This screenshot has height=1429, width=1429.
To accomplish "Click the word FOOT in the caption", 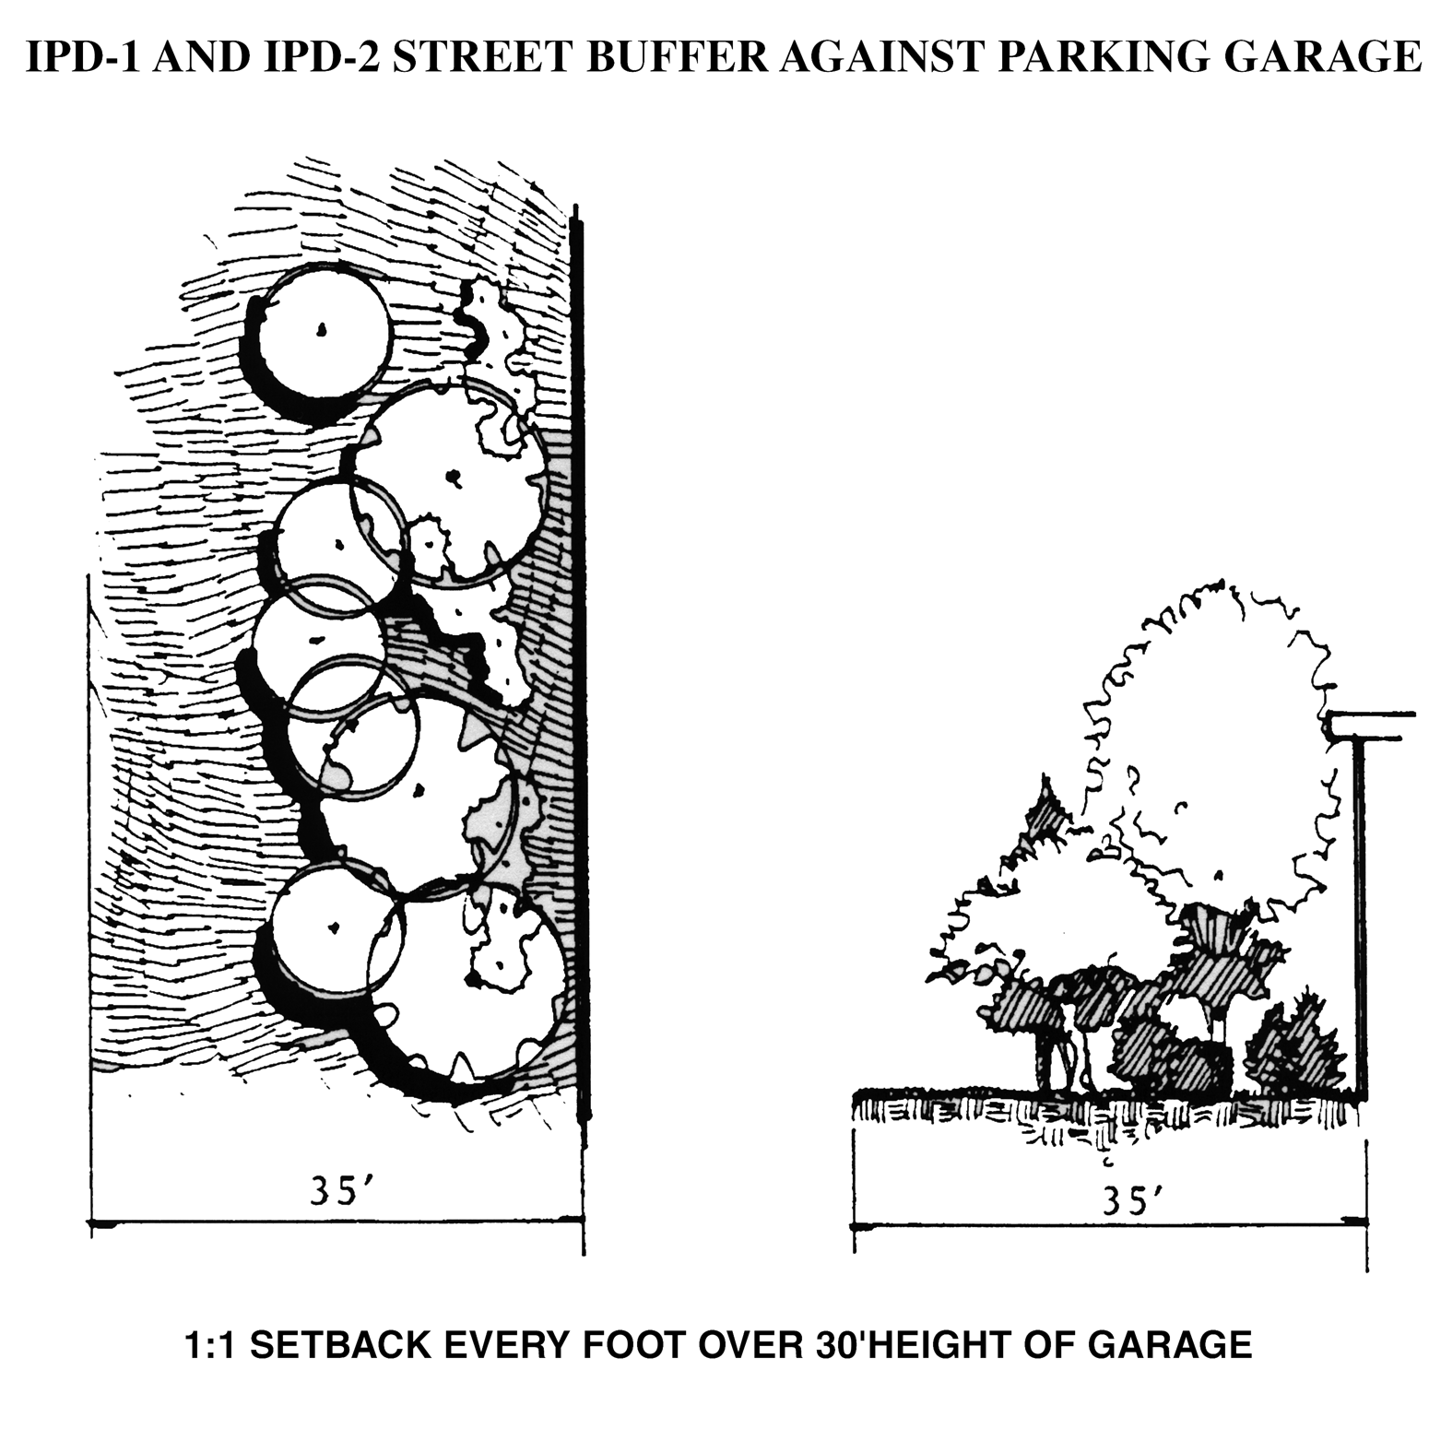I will (x=639, y=1345).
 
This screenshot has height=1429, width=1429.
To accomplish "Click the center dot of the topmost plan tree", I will (x=322, y=329).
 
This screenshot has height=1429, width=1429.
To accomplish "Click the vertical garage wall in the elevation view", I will (x=1360, y=913).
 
